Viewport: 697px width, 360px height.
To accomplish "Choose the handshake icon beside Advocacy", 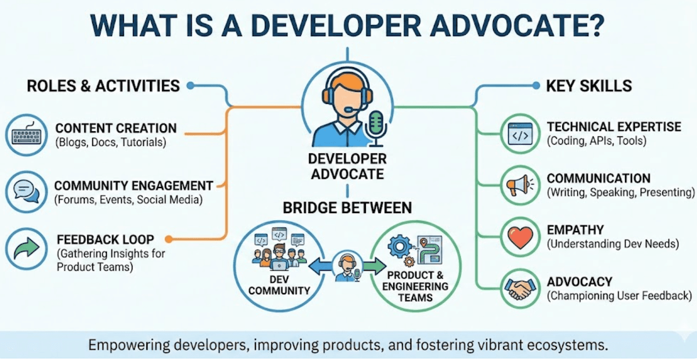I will pyautogui.click(x=519, y=289).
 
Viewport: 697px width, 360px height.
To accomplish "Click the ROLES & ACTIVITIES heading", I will pyautogui.click(x=103, y=87).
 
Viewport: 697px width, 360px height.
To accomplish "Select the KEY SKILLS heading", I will pyautogui.click(x=589, y=87).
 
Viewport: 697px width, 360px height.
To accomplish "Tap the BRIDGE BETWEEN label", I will pyautogui.click(x=347, y=207).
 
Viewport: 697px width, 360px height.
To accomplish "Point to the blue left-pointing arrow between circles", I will pyautogui.click(x=319, y=267).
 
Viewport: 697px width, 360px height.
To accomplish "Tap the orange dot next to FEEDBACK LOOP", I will pyautogui.click(x=168, y=239).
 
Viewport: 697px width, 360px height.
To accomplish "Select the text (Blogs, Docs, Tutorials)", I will pyautogui.click(x=110, y=142).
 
